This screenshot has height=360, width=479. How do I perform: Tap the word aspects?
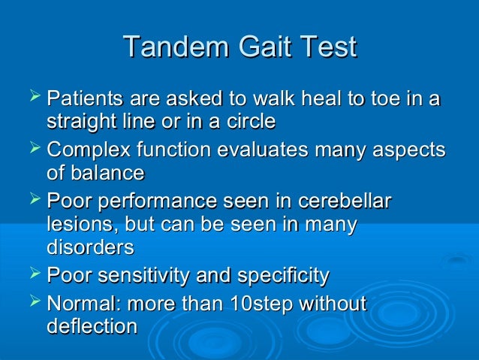click(411, 150)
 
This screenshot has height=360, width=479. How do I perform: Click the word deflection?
click(92, 327)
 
